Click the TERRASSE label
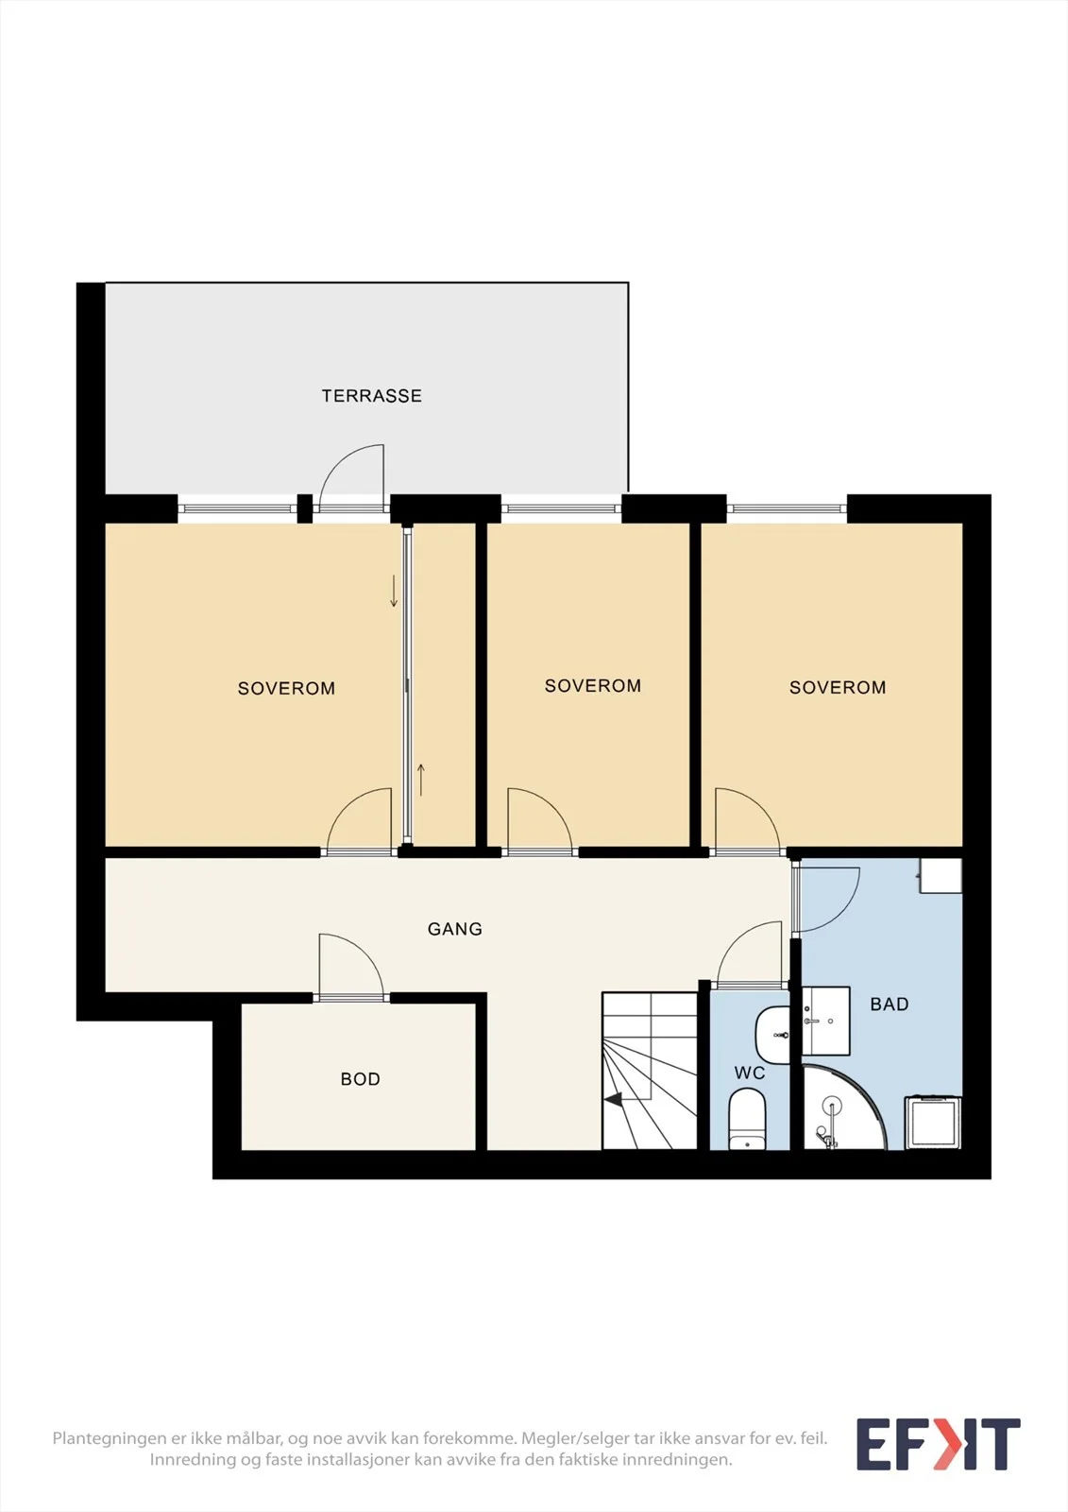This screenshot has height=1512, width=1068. pos(372,396)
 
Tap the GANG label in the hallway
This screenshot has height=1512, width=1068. pos(455,930)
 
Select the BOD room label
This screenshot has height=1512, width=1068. pos(361,1079)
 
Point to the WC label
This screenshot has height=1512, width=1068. pos(750,1074)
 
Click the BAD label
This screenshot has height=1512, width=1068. pos(890,1005)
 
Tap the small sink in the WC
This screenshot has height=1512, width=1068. pos(772,1035)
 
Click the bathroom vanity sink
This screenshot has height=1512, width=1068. pos(826,1021)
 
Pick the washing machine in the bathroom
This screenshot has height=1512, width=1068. pos(933,1123)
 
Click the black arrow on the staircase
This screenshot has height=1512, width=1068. pos(613,1100)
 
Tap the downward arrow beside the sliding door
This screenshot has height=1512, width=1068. pos(394,591)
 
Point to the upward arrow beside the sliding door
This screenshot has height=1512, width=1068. pos(421,780)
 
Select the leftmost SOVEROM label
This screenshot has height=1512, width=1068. pos(286,689)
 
